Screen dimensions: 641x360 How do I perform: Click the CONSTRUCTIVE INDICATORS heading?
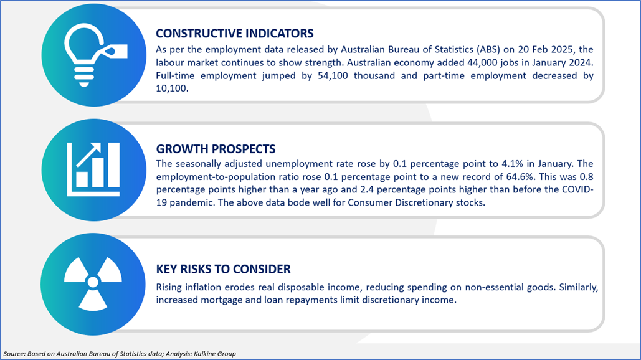click(x=235, y=33)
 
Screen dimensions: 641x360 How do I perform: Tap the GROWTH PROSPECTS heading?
click(x=216, y=149)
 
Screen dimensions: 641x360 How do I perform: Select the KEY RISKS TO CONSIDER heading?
click(x=223, y=269)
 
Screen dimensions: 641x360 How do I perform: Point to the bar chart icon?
click(x=93, y=169)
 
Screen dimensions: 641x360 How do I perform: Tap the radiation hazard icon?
click(x=93, y=283)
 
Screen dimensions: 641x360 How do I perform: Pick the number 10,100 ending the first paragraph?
click(x=172, y=88)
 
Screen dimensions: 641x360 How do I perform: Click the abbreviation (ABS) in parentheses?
click(x=488, y=49)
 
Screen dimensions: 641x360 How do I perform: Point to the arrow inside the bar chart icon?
click(x=88, y=155)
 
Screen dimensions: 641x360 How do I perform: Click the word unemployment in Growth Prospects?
click(x=294, y=164)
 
